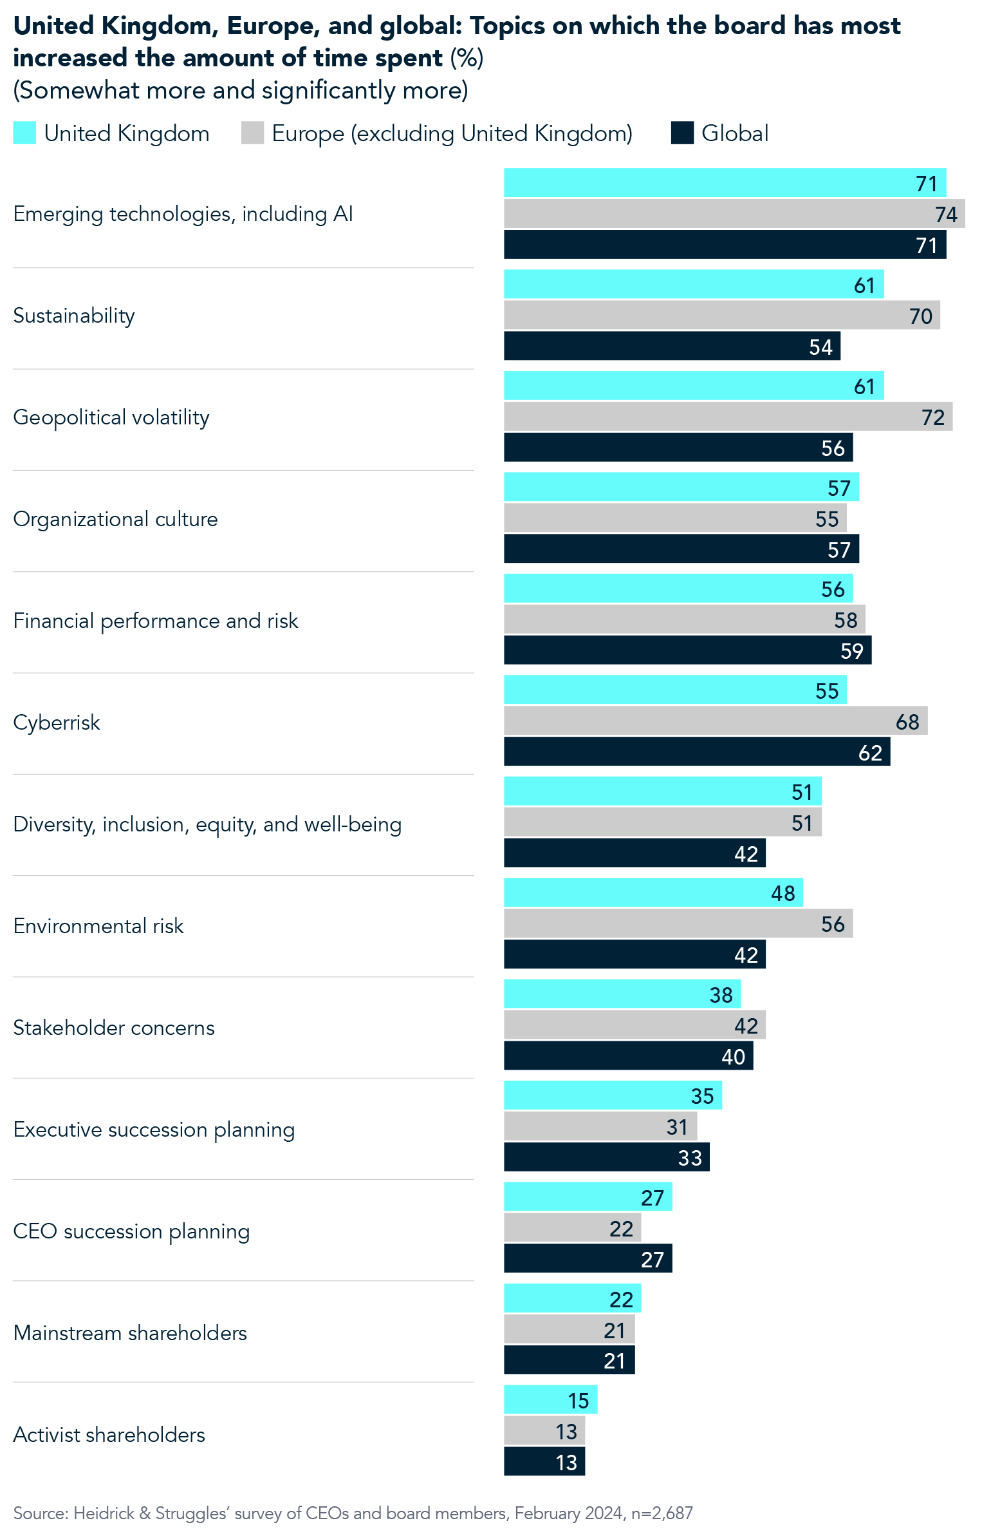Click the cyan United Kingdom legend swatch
point(24,133)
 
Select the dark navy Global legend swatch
point(681,133)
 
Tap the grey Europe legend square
point(252,133)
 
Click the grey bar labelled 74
point(734,214)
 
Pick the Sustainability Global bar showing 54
point(671,346)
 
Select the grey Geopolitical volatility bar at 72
point(727,417)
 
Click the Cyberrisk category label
point(57,723)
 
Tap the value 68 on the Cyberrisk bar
point(907,722)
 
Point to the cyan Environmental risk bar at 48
point(653,893)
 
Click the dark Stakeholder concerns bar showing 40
point(627,1056)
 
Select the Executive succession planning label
point(154,1130)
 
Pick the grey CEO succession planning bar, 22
point(571,1228)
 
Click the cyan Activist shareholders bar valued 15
point(550,1400)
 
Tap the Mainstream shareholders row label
point(130,1332)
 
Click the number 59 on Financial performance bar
point(851,651)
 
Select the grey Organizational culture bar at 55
point(674,518)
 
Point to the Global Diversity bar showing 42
point(634,853)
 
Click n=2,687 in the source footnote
point(662,1513)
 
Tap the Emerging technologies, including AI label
point(183,214)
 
